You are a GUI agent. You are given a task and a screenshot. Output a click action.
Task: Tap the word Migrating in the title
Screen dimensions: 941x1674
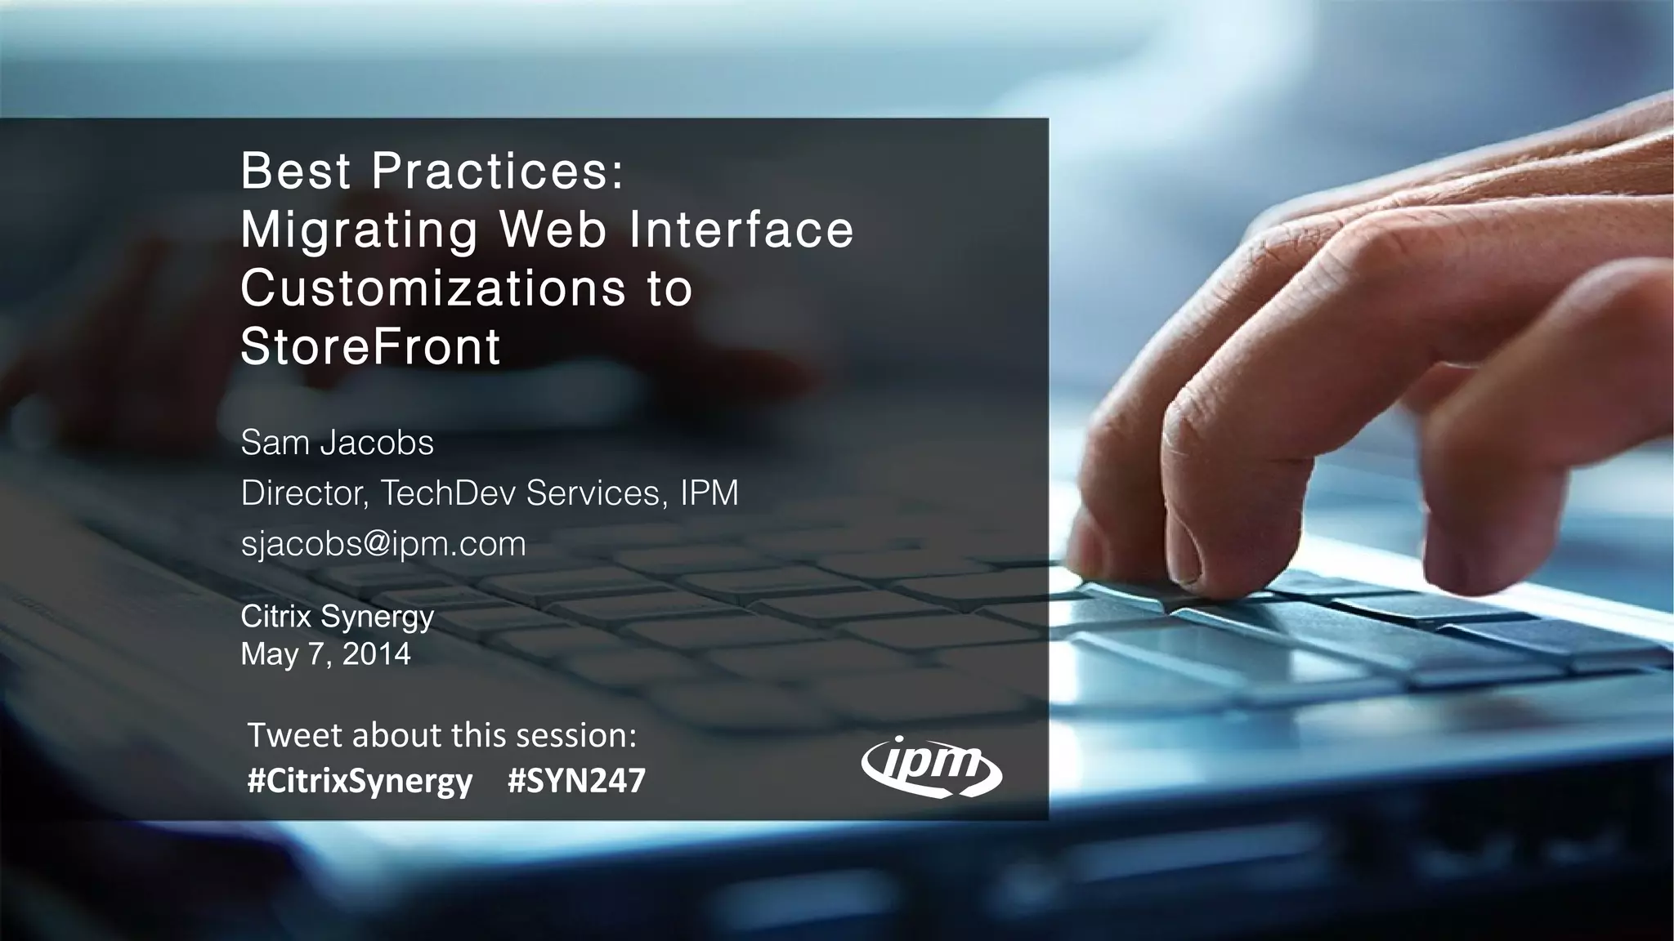pos(360,230)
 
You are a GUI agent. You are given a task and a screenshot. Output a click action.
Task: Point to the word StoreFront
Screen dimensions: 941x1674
pos(370,346)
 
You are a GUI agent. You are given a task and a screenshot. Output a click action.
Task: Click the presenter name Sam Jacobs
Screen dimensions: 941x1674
pos(337,443)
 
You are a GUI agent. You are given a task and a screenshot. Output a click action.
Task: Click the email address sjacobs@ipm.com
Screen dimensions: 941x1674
pos(383,543)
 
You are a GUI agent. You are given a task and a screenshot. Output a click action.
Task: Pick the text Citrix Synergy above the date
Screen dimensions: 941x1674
pos(337,617)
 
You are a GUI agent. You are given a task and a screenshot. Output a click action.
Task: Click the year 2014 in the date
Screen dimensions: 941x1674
pos(376,654)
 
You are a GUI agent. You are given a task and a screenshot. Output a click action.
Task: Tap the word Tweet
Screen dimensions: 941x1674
pos(294,735)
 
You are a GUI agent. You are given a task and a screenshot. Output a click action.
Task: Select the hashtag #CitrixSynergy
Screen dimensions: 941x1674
pos(360,782)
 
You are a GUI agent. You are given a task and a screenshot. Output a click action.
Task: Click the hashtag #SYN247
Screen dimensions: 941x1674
pos(576,781)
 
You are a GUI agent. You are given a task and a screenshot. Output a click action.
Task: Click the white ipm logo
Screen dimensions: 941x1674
pos(932,768)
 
